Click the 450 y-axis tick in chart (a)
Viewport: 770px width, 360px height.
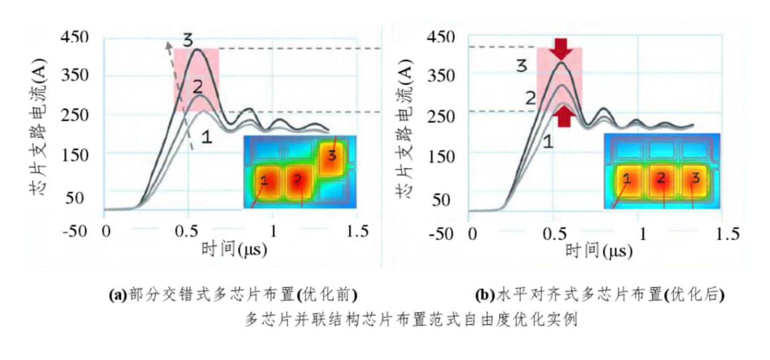(x=75, y=37)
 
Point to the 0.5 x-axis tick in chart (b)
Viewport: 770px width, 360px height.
(x=558, y=233)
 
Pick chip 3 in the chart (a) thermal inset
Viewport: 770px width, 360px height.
(x=331, y=155)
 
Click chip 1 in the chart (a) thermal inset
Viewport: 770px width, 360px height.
(x=265, y=181)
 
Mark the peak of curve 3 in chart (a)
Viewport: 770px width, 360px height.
(x=197, y=50)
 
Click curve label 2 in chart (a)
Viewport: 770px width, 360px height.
(x=197, y=87)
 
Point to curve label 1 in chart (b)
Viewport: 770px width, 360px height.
(x=547, y=142)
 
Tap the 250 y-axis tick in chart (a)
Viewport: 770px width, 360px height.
(x=75, y=115)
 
